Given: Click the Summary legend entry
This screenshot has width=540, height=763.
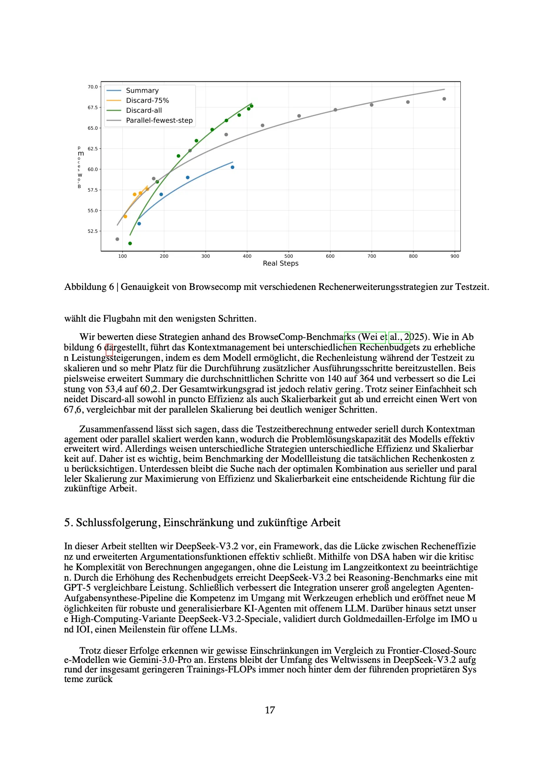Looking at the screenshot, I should [x=142, y=91].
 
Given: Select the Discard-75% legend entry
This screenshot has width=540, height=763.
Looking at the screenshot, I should [x=147, y=101].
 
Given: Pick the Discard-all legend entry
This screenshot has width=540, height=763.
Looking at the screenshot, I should [x=144, y=111].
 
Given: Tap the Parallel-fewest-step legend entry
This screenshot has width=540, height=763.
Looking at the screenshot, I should [x=159, y=121].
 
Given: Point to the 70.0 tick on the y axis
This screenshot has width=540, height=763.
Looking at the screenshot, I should [x=93, y=87].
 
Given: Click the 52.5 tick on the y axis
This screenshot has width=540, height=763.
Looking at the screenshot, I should [x=93, y=231].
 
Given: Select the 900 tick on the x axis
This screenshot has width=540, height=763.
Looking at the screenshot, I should [x=455, y=256].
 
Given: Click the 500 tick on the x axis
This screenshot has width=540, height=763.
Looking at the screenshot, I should [x=289, y=256].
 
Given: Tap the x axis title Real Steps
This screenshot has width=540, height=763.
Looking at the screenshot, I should [x=280, y=263].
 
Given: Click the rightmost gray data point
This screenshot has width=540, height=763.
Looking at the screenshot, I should [x=444, y=99].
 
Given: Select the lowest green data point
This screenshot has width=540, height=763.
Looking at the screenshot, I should [x=130, y=243].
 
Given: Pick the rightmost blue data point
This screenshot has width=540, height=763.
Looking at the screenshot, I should [x=233, y=167].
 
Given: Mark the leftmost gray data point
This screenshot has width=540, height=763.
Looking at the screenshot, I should [x=117, y=239].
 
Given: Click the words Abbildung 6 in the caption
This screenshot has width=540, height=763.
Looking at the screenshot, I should [x=89, y=287].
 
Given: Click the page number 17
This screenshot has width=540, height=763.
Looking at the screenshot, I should [x=270, y=710].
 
